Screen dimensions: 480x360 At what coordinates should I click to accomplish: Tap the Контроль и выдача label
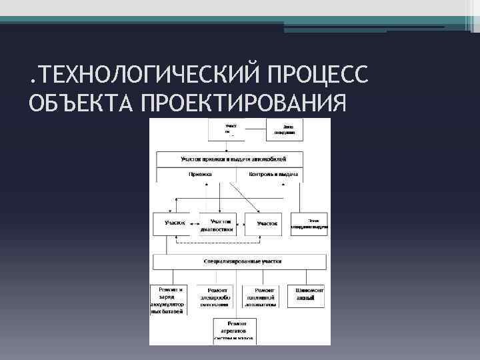[273, 174]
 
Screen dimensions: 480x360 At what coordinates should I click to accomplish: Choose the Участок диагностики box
[221, 224]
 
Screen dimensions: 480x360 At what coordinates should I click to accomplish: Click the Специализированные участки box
[239, 262]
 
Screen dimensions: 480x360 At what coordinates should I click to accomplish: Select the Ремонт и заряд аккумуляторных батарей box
[170, 299]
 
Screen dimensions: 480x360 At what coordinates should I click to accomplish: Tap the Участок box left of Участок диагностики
[175, 223]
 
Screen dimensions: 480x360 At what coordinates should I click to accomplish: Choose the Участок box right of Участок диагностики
[267, 223]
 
